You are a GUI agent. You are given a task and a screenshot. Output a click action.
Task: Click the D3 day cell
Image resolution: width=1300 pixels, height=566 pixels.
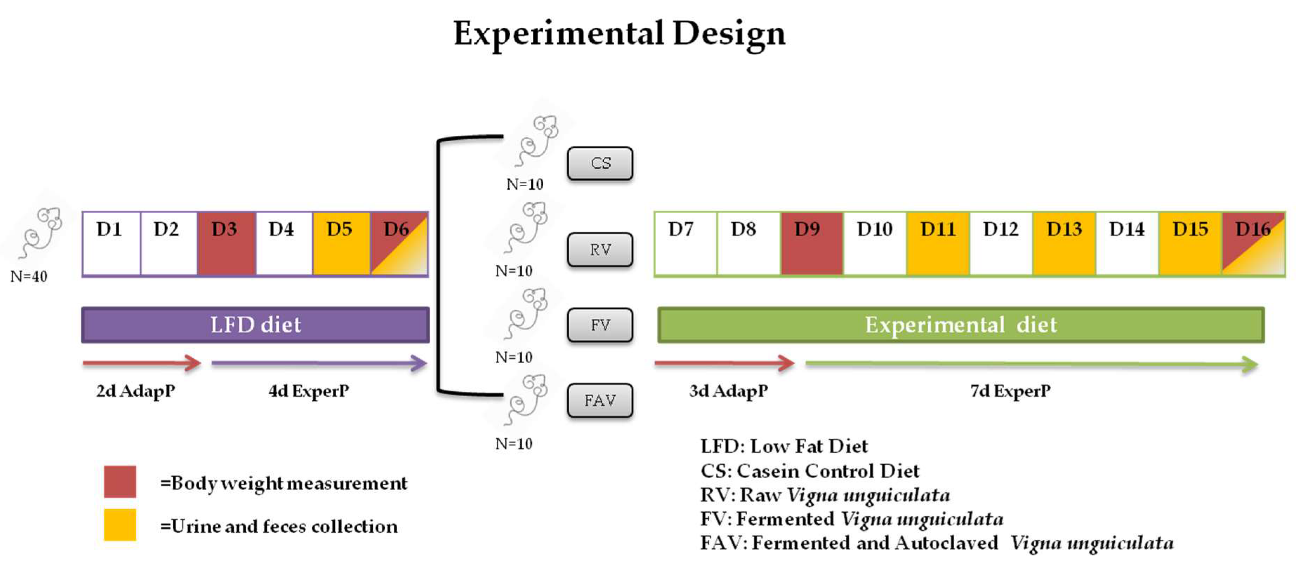coord(226,244)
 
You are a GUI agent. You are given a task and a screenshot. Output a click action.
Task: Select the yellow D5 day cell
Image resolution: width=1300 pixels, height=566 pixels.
coord(341,244)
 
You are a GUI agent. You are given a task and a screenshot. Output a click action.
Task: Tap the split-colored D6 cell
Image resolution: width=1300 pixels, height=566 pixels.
coord(399,244)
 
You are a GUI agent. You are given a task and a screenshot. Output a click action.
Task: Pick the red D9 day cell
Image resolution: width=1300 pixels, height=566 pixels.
coord(811,244)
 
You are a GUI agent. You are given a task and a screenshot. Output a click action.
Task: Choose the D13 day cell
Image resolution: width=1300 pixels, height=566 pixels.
coord(1064,244)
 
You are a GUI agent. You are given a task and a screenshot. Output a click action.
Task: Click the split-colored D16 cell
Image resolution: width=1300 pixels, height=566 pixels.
coord(1253,244)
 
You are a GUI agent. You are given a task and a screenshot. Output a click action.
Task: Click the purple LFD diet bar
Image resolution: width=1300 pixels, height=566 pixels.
coord(256,324)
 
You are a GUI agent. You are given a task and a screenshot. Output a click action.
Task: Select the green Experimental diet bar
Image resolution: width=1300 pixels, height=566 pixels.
coord(960,324)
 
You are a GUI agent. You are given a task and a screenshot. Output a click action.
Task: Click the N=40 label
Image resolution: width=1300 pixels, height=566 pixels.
coord(29,276)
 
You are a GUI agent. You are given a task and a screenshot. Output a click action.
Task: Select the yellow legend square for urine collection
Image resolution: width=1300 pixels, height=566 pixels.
coord(120,525)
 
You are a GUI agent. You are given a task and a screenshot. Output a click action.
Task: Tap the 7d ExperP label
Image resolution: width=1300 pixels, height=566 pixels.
coord(1010,390)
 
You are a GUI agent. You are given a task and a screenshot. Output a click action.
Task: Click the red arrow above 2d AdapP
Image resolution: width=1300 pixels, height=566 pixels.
coord(141,362)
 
